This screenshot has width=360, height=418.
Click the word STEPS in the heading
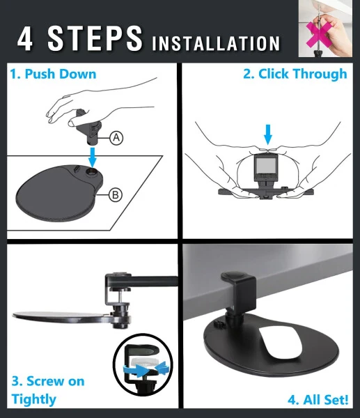(x=95, y=39)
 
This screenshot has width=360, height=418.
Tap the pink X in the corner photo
(x=321, y=32)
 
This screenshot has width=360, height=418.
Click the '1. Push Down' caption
(x=52, y=74)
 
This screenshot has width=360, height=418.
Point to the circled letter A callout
(x=117, y=138)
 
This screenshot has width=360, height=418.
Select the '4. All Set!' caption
(x=318, y=400)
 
